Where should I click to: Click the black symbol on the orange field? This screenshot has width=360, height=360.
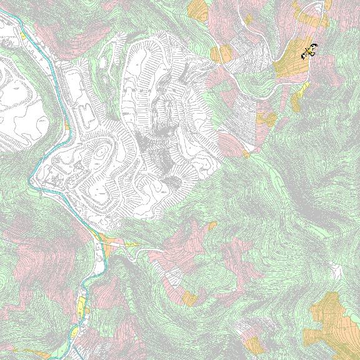[x=309, y=51]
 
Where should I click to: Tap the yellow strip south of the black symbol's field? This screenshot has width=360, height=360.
[x=297, y=97]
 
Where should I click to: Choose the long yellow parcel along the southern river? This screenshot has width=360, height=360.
[x=81, y=306]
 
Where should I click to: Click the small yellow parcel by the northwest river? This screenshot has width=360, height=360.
[x=23, y=36]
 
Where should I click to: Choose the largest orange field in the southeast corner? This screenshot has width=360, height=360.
[x=328, y=316]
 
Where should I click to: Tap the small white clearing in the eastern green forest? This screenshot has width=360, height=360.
[x=337, y=271]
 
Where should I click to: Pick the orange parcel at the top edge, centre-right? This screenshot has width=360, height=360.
[x=199, y=9]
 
